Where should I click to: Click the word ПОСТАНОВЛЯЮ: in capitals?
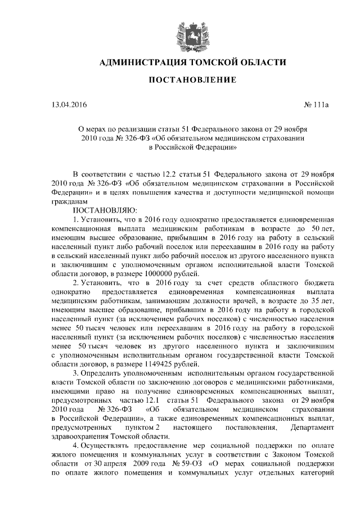(x=105, y=210)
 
